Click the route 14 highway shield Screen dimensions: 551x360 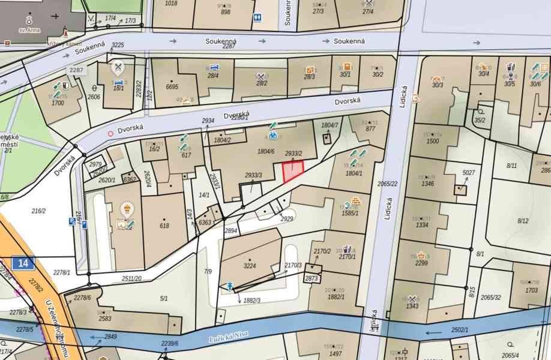tap(23, 262)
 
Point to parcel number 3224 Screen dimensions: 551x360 tap(250, 265)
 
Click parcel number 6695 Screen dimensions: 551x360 tap(172, 87)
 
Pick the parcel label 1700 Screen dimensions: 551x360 tap(58, 103)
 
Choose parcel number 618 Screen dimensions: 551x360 tap(164, 226)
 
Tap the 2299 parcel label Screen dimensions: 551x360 tap(421, 262)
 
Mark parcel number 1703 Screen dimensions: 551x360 tap(531, 290)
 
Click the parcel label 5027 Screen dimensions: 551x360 tap(468, 173)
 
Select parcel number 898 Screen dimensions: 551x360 tap(226, 12)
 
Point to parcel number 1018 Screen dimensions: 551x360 tap(171, 4)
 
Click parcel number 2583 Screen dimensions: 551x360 tap(105, 318)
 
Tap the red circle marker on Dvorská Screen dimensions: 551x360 tap(110, 134)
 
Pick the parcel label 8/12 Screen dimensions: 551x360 tap(523, 221)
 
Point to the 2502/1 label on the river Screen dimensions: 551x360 tap(459, 330)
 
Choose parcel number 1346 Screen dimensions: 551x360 tap(427, 184)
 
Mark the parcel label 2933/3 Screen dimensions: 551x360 tap(253, 175)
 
